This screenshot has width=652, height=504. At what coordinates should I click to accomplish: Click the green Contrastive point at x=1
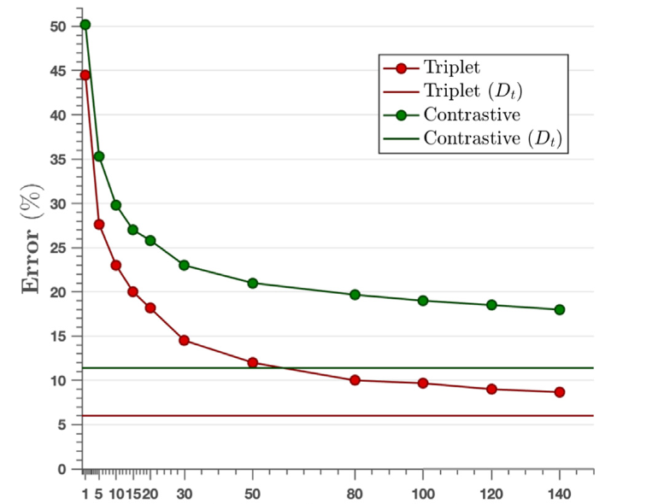[x=85, y=25]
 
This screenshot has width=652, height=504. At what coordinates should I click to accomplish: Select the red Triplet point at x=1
[x=85, y=75]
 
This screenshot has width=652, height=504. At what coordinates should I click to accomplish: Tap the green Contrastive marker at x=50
[x=252, y=284]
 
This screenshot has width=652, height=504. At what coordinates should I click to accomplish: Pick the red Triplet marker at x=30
[x=184, y=340]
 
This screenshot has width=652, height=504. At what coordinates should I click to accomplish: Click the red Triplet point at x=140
[x=560, y=392]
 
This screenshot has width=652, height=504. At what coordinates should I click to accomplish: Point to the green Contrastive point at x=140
[x=560, y=309]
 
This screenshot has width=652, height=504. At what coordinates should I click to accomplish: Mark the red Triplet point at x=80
[x=355, y=379]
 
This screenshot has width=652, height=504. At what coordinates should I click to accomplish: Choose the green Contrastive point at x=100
[x=423, y=301]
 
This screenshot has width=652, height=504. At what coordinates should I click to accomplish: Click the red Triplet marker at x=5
[x=99, y=225]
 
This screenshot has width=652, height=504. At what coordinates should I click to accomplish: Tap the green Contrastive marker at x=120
[x=491, y=305]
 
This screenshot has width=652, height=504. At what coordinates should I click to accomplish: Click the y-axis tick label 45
[x=58, y=71]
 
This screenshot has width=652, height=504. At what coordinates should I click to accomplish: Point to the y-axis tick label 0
[x=62, y=469]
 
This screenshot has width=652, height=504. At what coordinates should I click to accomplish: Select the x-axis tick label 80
[x=355, y=494]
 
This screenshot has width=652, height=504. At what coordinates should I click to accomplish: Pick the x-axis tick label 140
[x=560, y=494]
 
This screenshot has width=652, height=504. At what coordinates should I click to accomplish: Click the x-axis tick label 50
[x=252, y=494]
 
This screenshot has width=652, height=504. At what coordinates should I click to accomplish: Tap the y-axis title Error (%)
[x=32, y=238]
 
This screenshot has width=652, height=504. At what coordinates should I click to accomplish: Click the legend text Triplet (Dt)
[x=473, y=91]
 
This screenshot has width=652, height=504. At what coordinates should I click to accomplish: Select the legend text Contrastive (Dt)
[x=493, y=138]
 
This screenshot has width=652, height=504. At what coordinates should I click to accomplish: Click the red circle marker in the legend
[x=402, y=68]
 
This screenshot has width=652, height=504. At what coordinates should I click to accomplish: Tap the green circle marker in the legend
[x=402, y=115]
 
